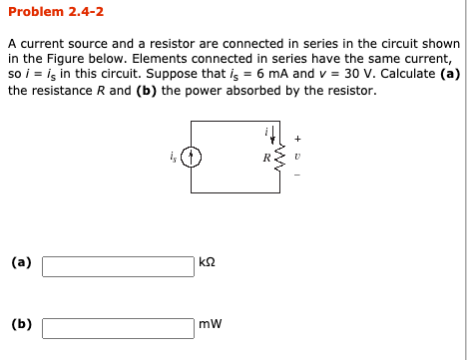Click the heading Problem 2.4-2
click(x=55, y=13)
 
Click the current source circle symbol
click(x=196, y=156)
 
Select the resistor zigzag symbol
click(x=278, y=157)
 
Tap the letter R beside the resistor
click(x=266, y=158)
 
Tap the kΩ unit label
click(x=208, y=264)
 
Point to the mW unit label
click(x=210, y=324)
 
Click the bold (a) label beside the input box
click(x=21, y=263)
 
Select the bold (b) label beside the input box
click(x=21, y=323)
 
